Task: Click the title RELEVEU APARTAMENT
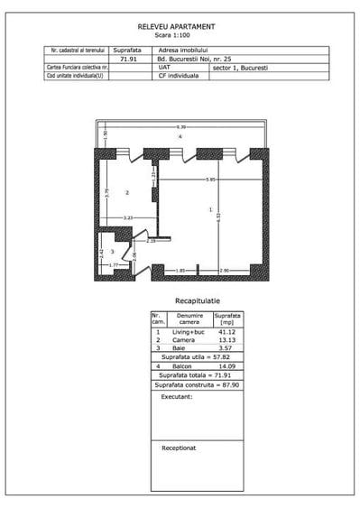point(179,28)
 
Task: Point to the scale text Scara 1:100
point(179,35)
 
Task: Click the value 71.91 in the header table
point(127,60)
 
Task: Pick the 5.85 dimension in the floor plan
point(210,180)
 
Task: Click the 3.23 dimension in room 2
point(128,218)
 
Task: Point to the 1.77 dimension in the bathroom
point(114,265)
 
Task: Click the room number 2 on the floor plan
point(128,193)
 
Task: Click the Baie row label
point(178,347)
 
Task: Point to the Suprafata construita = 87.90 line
point(197,384)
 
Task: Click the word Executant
point(176,397)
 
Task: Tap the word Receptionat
point(180,447)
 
